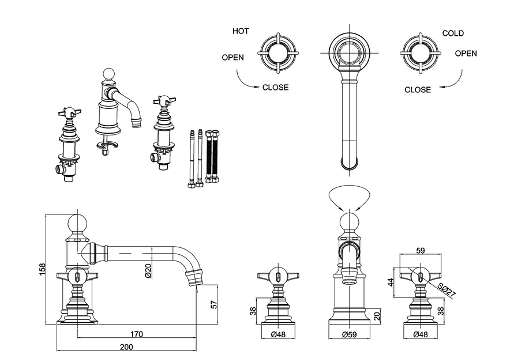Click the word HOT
click(x=241, y=31)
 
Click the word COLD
click(x=453, y=33)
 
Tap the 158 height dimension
click(x=41, y=269)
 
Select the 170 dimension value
click(x=137, y=334)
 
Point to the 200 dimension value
click(x=126, y=346)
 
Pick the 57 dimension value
click(x=214, y=304)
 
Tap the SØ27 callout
click(x=447, y=291)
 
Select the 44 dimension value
click(x=390, y=282)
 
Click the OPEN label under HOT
click(x=232, y=57)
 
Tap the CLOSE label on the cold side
click(x=418, y=89)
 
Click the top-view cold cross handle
click(x=421, y=54)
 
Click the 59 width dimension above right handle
click(x=420, y=250)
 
